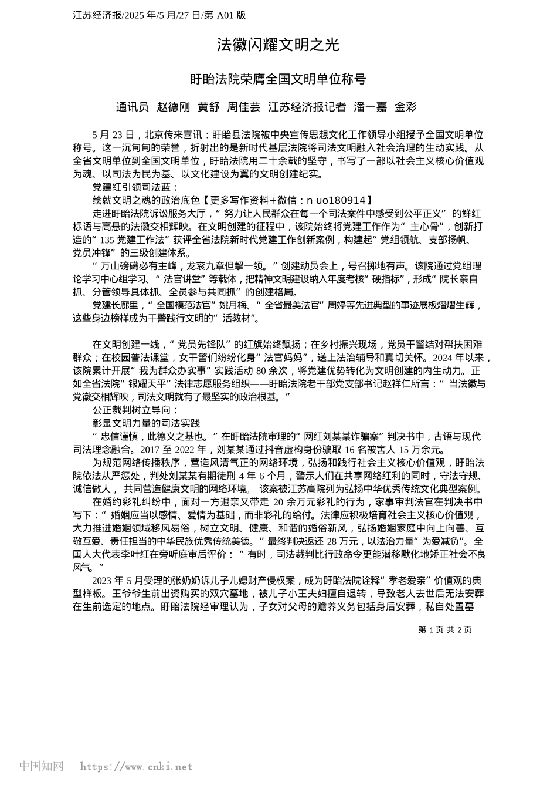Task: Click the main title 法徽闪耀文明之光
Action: pos(278,45)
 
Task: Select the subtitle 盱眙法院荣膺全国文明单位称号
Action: pos(278,79)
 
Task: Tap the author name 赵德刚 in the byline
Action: pos(173,107)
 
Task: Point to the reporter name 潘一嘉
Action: pos(371,107)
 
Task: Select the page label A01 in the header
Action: pos(226,15)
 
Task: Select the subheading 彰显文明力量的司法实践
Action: pos(146,423)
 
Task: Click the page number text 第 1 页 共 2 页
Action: pos(444,630)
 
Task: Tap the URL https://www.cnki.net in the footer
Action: pos(136,767)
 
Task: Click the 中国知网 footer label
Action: pos(42,766)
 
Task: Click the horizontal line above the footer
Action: pos(278,731)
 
